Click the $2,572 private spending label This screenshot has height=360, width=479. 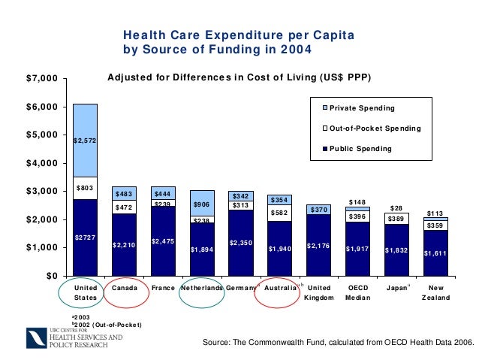[84, 141]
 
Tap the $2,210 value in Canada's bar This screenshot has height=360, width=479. [123, 245]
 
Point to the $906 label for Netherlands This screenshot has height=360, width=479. [202, 204]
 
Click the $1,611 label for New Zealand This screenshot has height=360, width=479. [435, 253]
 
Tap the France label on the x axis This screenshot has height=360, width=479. [163, 288]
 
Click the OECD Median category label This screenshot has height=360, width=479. [357, 293]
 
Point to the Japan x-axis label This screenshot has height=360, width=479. [395, 288]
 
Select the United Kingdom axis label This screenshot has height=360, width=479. [319, 293]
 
